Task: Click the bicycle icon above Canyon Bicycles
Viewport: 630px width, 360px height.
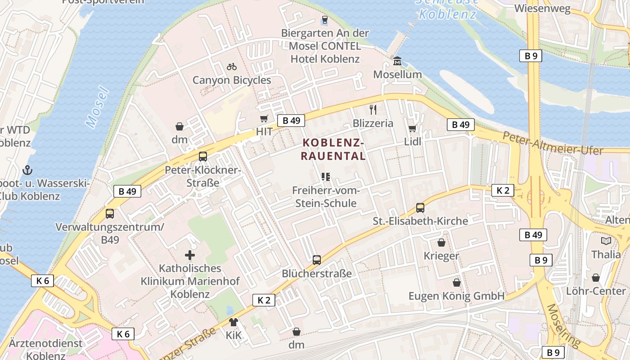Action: pos(232,67)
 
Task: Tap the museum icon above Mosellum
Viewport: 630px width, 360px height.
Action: pos(397,61)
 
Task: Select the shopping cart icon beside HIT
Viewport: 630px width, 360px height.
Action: pos(264,119)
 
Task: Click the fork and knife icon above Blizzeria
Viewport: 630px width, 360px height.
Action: pos(373,109)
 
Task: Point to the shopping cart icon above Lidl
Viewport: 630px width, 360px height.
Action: pos(412,128)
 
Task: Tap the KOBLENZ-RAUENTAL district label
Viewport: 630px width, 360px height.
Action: pos(333,149)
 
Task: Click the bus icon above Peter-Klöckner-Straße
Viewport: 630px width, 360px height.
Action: pos(203,157)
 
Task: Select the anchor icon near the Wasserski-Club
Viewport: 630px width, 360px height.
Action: pos(27,170)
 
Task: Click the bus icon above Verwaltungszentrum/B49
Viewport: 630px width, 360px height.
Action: pos(110,214)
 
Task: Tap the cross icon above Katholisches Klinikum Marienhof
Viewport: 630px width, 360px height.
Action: pos(190,255)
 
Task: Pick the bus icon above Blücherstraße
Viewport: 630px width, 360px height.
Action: pos(317,260)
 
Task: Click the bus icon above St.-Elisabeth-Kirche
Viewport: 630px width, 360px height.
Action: pos(420,207)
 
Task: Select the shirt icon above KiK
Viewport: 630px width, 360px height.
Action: pos(234,322)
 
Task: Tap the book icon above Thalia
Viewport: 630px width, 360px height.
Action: pos(606,241)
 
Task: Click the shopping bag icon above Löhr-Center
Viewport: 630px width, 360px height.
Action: pos(596,278)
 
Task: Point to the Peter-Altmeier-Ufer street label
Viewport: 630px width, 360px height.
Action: pos(552,144)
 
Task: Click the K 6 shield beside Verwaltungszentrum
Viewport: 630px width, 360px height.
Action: pos(43,281)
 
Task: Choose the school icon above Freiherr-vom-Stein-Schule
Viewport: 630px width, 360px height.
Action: pos(326,177)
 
